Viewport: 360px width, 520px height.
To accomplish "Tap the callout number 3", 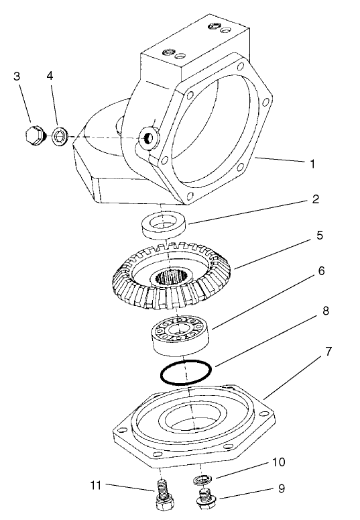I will pos(17,76).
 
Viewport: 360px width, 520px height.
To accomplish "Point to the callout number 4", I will pos(49,76).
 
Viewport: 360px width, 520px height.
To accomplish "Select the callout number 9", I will pos(282,488).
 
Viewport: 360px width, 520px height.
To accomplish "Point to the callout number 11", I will pos(96,484).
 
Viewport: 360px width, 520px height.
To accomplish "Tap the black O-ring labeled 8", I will pos(185,371).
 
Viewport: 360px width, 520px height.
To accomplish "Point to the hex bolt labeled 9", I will pos(204,497).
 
